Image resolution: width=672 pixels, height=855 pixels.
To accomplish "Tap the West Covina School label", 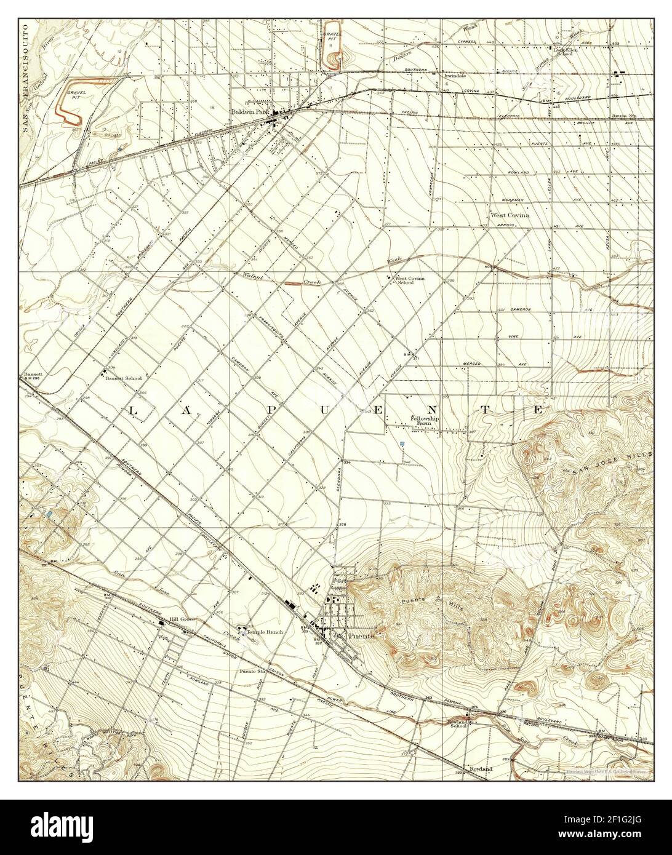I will click(x=413, y=280).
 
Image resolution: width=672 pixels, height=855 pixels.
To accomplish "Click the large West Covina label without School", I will click(x=510, y=215).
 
